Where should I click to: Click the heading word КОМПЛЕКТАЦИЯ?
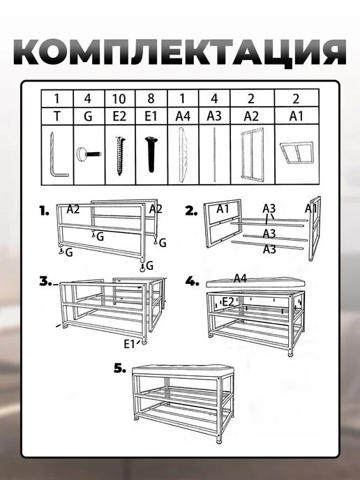tap(180, 53)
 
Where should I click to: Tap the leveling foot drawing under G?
tap(89, 153)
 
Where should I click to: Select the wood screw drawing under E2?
tap(120, 156)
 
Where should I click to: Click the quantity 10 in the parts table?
tap(119, 99)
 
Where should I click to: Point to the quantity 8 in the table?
tap(151, 98)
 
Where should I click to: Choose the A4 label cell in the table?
tap(183, 117)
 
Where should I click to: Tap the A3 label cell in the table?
tap(214, 116)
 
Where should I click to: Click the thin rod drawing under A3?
tap(215, 155)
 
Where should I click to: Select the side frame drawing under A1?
tap(296, 152)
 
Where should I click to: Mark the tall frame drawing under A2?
tap(252, 155)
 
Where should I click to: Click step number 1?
tap(44, 211)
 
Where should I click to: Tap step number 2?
tap(192, 211)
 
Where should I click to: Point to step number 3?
tap(45, 281)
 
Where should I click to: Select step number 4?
tap(193, 281)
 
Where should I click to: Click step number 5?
tap(120, 368)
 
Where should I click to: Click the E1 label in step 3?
tap(129, 344)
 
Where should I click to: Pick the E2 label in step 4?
tap(227, 302)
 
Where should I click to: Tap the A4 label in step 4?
tap(240, 278)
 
